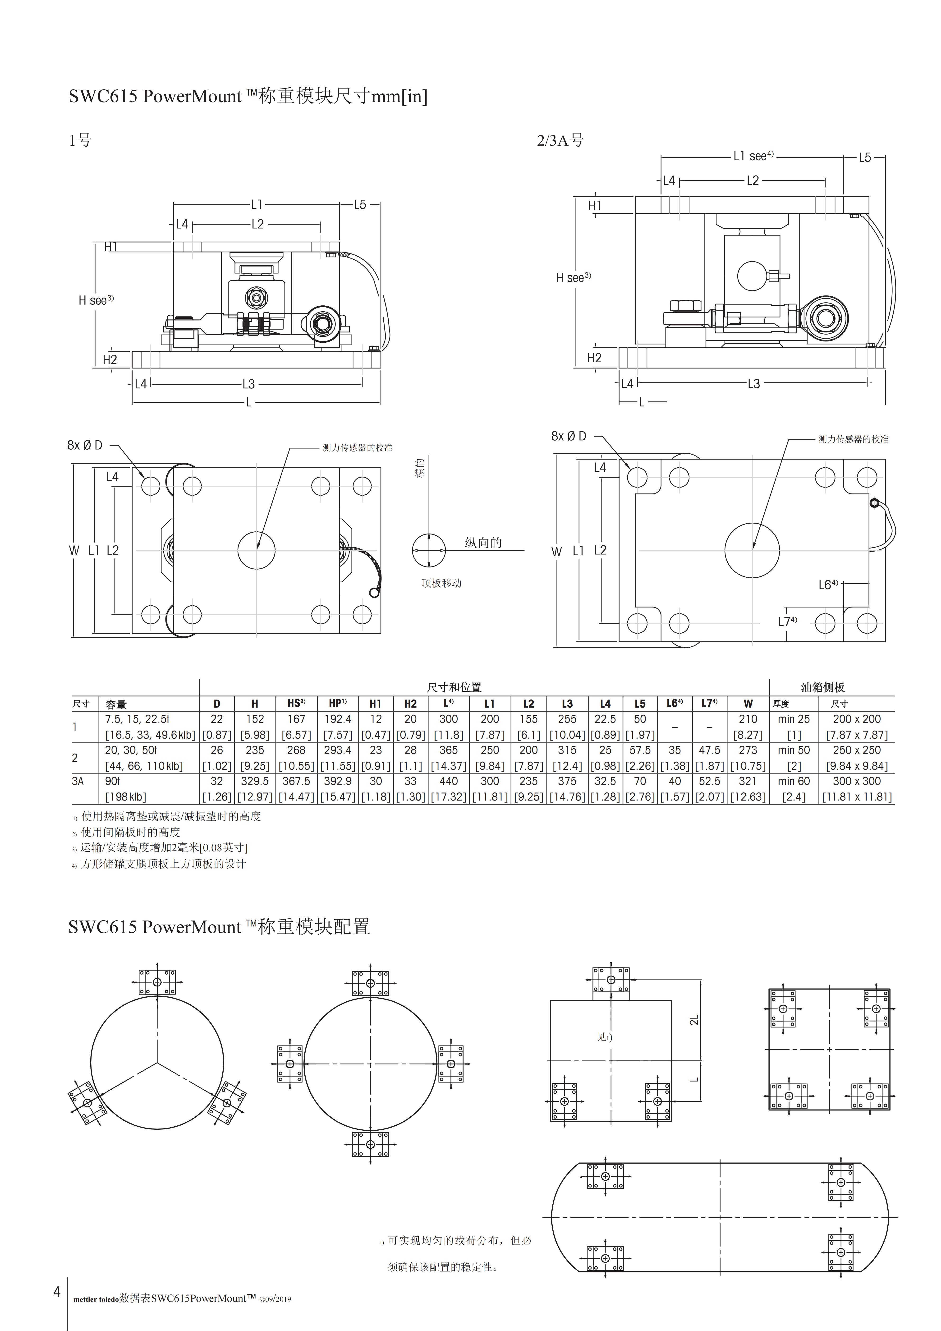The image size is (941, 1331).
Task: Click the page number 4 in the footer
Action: click(57, 1291)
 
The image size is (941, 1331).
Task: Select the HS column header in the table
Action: click(296, 703)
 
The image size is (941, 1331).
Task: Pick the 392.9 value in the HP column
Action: click(338, 781)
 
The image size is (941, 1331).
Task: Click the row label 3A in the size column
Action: click(78, 781)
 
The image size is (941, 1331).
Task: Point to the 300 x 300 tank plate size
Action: click(856, 781)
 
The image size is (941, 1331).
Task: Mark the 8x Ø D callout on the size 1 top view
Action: click(85, 445)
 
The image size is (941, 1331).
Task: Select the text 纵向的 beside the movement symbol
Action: click(483, 543)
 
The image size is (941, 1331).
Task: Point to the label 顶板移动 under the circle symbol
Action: click(441, 583)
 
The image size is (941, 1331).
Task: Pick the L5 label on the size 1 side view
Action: click(360, 205)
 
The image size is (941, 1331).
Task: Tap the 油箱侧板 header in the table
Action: click(823, 687)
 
